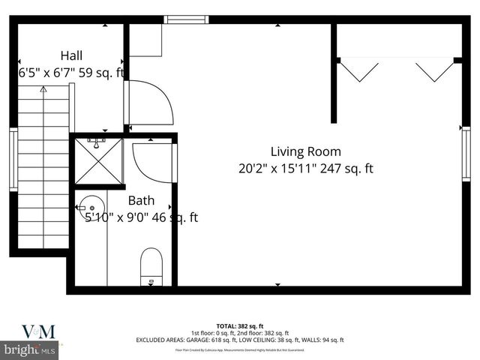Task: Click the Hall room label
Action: [x=71, y=55]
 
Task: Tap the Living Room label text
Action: [x=305, y=151]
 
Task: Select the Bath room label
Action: [x=141, y=200]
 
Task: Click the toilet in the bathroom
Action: [x=151, y=266]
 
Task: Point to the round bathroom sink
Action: [x=91, y=205]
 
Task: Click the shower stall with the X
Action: [x=99, y=162]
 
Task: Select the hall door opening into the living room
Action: [x=150, y=103]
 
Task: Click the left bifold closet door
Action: [x=359, y=71]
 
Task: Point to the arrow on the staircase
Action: [x=43, y=90]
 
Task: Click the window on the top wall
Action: [x=187, y=19]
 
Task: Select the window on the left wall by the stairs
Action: [x=13, y=159]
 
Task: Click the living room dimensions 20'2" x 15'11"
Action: [x=273, y=169]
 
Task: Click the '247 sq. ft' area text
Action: [x=346, y=169]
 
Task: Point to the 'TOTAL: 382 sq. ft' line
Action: [x=239, y=326]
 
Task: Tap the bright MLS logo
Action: [x=30, y=349]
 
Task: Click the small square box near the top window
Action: [x=145, y=41]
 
